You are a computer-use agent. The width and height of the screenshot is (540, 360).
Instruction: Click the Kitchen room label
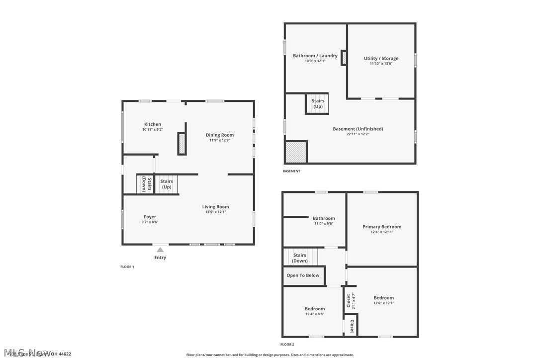click(x=153, y=124)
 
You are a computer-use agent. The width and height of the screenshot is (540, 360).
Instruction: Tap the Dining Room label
click(x=220, y=135)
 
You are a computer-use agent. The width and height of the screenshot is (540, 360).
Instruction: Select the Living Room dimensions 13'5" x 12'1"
click(x=215, y=212)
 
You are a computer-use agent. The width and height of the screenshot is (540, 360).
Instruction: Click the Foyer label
click(x=150, y=217)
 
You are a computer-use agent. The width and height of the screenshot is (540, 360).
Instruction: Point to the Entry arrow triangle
click(x=160, y=250)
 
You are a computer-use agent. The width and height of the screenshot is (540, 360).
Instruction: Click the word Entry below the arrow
click(x=160, y=258)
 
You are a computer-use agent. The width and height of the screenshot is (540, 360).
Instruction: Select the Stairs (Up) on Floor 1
click(x=167, y=184)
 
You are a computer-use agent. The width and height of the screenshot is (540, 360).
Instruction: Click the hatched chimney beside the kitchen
click(x=182, y=144)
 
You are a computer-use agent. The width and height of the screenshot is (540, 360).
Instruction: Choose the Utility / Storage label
click(x=381, y=58)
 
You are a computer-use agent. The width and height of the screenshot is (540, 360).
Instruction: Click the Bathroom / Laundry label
click(x=315, y=56)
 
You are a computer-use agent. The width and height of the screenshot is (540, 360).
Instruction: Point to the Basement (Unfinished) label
click(x=358, y=129)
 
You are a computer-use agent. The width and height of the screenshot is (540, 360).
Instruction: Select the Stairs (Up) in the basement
click(x=318, y=103)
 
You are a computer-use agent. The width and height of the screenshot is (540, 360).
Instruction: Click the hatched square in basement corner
click(x=296, y=152)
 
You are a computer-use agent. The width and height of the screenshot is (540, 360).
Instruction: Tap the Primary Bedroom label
click(x=382, y=227)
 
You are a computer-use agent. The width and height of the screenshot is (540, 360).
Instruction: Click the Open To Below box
click(x=303, y=275)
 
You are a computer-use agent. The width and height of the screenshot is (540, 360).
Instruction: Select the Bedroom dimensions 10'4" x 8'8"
click(x=315, y=314)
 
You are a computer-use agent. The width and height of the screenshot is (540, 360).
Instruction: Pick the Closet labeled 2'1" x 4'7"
click(x=351, y=301)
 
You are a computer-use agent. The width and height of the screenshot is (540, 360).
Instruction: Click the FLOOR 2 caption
click(x=287, y=344)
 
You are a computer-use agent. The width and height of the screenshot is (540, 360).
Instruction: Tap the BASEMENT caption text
click(x=291, y=171)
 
